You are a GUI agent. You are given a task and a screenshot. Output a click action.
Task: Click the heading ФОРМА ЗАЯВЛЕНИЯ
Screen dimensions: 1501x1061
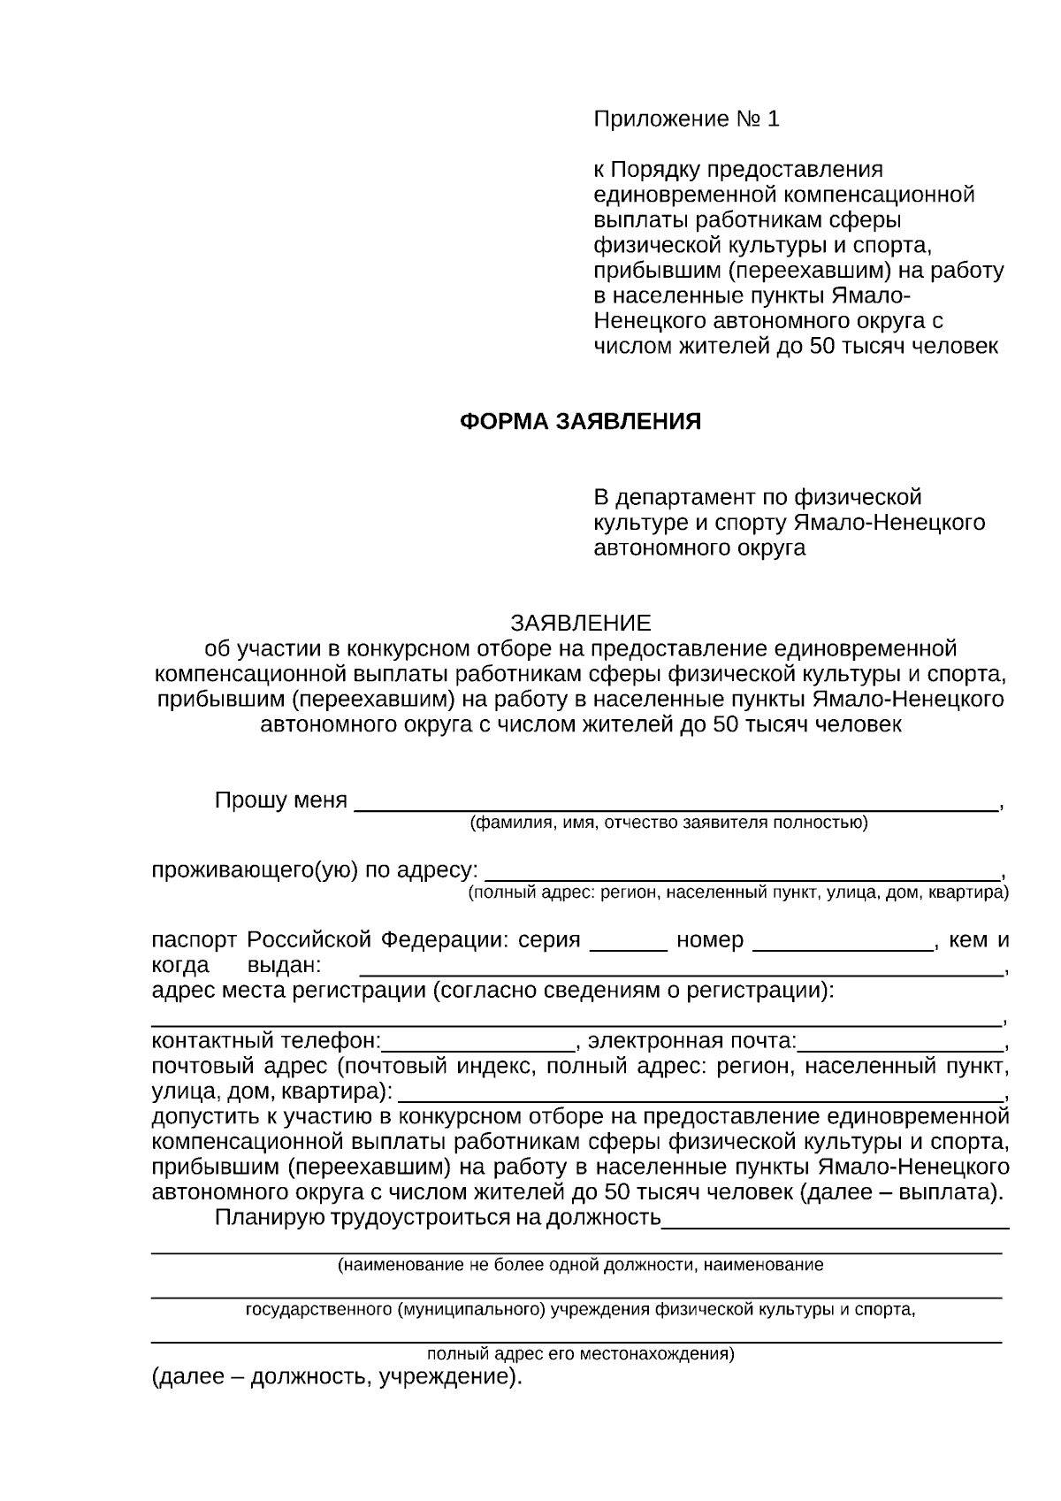[580, 422]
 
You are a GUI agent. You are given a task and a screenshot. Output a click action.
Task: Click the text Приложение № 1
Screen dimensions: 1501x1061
[686, 119]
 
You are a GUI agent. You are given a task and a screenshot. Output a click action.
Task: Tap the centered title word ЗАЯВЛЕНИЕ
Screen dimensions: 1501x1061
[580, 623]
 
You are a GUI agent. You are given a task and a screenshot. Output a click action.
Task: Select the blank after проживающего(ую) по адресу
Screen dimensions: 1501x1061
[743, 870]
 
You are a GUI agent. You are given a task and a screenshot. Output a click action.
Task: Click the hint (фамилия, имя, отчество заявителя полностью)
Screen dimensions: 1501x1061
[668, 823]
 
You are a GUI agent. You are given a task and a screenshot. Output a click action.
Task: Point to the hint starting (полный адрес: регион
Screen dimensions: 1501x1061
[737, 892]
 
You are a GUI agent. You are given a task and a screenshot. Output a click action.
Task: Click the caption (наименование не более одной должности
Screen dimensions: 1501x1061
[580, 1265]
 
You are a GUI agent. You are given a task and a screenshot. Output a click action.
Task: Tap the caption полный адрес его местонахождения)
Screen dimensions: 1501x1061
[580, 1354]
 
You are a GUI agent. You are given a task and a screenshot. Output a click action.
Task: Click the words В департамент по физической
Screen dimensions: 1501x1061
[757, 497]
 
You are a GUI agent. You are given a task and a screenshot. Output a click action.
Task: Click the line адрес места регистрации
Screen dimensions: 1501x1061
[492, 991]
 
